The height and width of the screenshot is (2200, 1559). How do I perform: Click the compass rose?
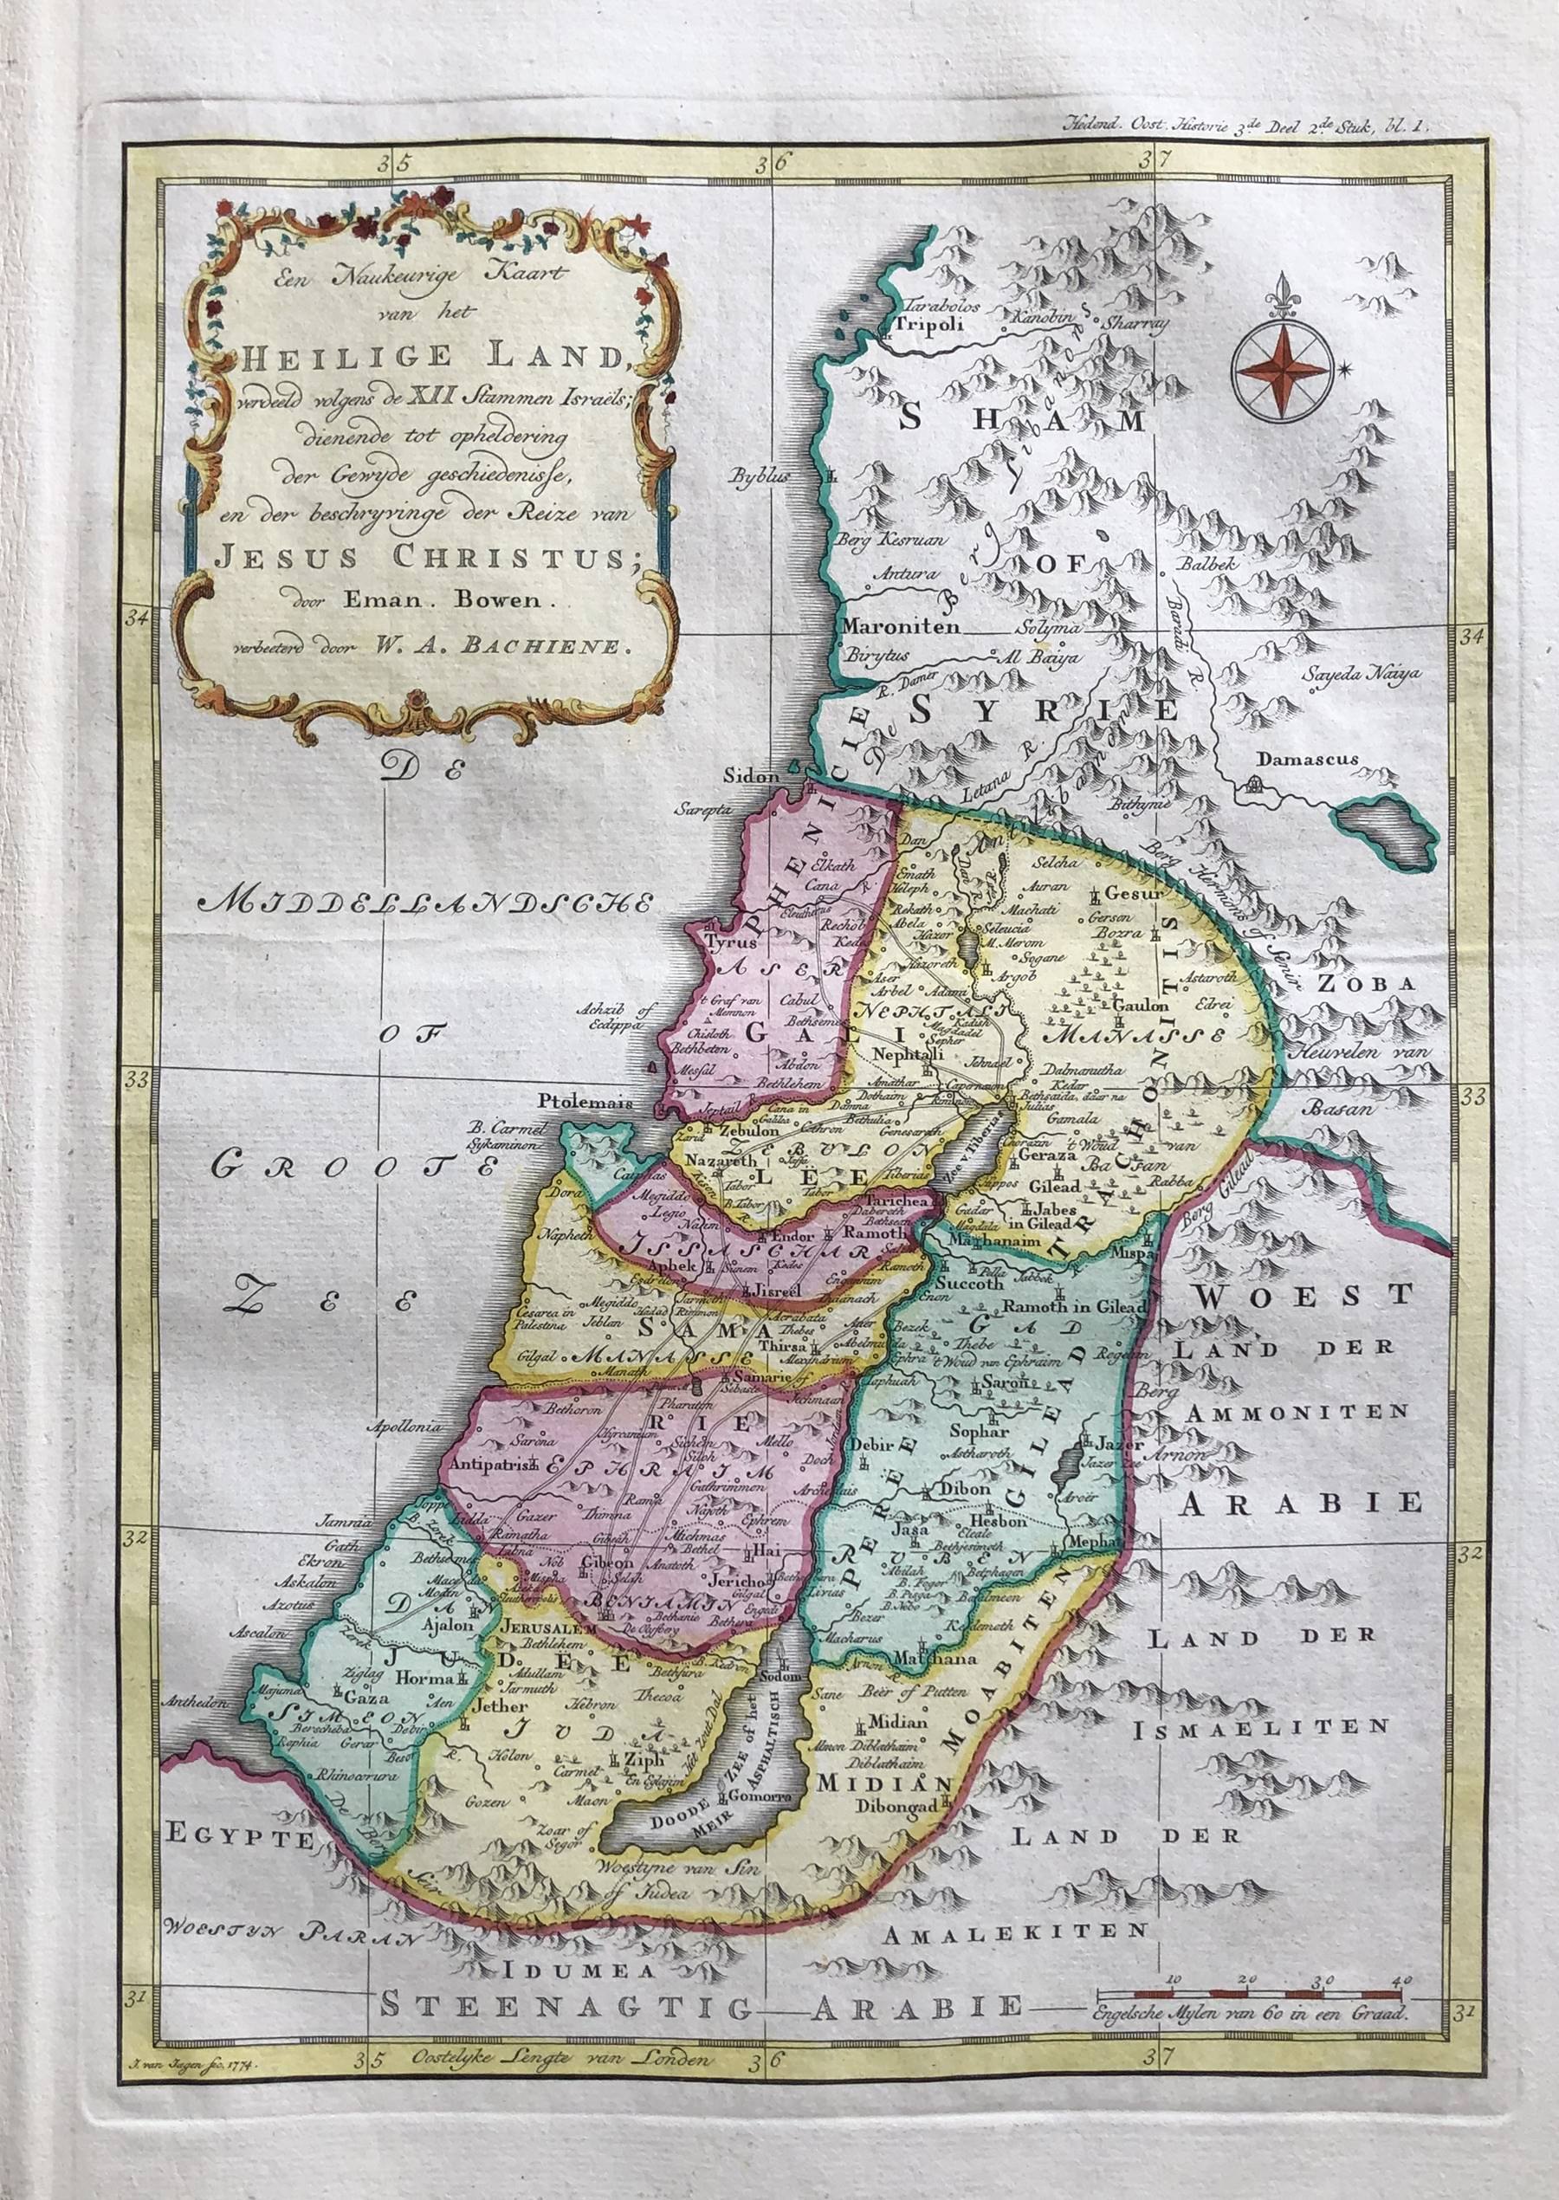[1284, 370]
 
